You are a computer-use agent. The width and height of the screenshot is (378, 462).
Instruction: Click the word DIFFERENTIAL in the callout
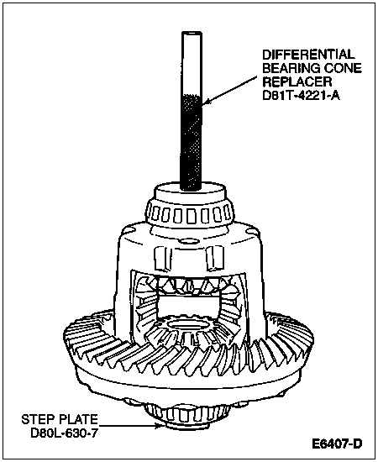[308, 55]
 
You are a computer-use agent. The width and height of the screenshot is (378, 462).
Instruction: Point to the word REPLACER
[297, 81]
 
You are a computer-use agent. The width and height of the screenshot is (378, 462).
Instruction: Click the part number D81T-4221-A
[301, 96]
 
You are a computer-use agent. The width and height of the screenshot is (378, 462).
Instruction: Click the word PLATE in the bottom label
[78, 419]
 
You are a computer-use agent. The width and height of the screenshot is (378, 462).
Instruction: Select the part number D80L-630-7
[64, 433]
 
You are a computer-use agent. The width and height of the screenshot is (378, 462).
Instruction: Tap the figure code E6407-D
[337, 444]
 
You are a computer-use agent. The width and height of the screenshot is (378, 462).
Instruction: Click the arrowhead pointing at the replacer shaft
[206, 102]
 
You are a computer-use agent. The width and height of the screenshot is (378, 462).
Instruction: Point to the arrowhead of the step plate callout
[160, 426]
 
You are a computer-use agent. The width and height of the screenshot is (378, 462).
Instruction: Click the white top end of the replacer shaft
[192, 63]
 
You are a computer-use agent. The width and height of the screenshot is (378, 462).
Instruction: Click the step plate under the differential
[186, 426]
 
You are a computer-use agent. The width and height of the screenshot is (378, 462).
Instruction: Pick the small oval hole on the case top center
[188, 241]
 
